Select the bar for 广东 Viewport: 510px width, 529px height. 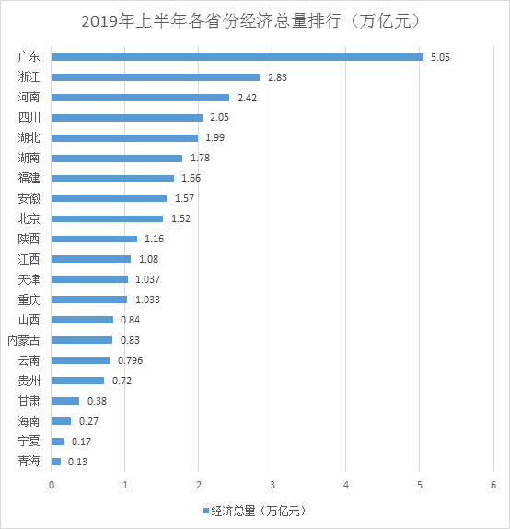point(237,57)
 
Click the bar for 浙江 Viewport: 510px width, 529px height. point(156,77)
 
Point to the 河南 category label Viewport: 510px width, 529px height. point(29,98)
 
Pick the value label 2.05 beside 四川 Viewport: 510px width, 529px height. point(217,118)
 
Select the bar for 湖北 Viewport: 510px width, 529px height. point(124,138)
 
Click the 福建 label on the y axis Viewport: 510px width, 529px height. point(29,178)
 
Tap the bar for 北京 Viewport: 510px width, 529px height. point(107,218)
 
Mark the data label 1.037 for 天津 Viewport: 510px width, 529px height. point(147,279)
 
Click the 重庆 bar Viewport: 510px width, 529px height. point(89,300)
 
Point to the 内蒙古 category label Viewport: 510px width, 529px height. point(24,340)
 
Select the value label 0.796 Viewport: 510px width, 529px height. point(130,360)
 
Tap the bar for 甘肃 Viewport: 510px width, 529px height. point(65,401)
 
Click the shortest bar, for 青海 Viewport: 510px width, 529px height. point(56,461)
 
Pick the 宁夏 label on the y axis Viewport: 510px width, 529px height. point(29,441)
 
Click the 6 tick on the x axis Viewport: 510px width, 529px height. point(493,485)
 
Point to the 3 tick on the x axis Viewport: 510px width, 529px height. point(272,485)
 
